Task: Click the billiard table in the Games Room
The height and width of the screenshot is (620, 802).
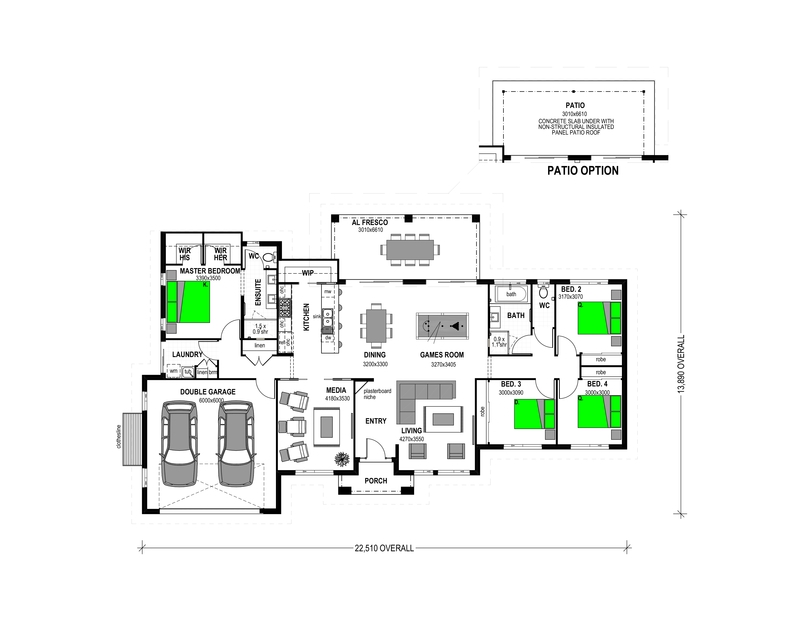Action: [x=442, y=325]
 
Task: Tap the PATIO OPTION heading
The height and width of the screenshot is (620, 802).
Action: [x=583, y=171]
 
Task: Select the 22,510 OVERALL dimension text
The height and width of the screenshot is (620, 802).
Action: [x=384, y=548]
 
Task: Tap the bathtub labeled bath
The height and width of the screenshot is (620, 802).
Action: [x=511, y=294]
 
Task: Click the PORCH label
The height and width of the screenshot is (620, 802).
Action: [x=376, y=481]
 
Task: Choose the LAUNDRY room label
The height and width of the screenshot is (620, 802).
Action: [x=187, y=354]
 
